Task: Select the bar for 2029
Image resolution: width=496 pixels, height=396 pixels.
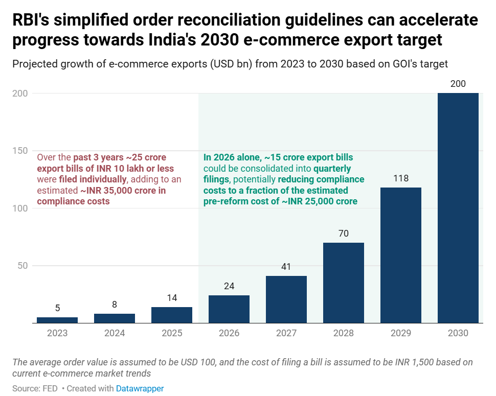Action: [x=401, y=255]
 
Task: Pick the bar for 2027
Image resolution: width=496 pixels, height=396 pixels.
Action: [x=286, y=299]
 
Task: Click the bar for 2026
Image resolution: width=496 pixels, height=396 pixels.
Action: [x=229, y=309]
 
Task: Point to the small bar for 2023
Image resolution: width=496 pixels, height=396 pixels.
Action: [x=57, y=320]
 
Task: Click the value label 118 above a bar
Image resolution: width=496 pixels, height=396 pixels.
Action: [x=401, y=179]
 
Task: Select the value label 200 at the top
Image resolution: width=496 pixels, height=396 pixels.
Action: [x=458, y=84]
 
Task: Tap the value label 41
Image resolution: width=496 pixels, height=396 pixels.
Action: [x=286, y=267]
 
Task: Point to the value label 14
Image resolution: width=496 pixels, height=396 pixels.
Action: [x=172, y=298]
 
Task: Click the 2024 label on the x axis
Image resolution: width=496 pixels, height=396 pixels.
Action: [x=115, y=333]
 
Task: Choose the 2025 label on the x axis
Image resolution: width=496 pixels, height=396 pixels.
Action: [x=172, y=333]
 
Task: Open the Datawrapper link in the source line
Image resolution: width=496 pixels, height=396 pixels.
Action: [x=140, y=388]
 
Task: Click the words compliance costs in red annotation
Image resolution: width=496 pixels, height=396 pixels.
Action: [x=73, y=201]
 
